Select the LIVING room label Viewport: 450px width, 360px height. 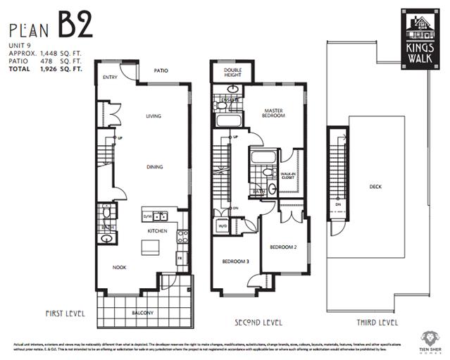154,116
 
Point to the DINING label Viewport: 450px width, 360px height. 154,167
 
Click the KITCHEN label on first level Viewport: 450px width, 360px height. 156,230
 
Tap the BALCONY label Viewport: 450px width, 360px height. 144,313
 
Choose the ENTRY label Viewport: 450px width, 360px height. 110,77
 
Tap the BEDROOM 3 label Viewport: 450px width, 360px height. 235,261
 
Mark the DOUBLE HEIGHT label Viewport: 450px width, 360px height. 233,73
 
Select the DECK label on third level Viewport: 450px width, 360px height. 375,187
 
